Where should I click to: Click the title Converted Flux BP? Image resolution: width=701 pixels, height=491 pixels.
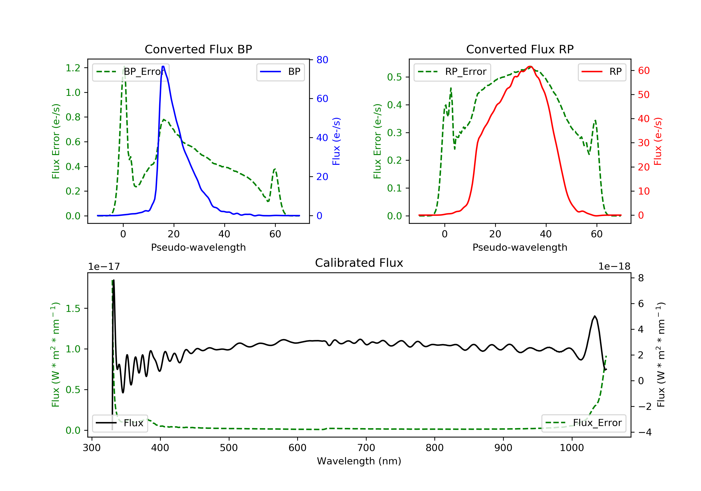click(198, 49)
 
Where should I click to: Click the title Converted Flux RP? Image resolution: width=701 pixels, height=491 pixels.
click(520, 49)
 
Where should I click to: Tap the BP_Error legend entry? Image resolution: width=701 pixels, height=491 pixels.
click(131, 72)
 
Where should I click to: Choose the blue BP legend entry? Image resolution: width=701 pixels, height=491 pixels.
click(280, 72)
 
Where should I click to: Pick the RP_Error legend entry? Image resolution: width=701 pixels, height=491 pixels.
click(452, 72)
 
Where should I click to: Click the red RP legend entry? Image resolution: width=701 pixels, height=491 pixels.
click(602, 72)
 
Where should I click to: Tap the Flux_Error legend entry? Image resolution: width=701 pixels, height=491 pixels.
click(583, 423)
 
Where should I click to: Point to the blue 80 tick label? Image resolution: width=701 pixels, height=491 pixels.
click(322, 60)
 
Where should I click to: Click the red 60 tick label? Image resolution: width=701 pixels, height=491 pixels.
click(644, 71)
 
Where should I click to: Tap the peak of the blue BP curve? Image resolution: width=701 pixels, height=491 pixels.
click(163, 66)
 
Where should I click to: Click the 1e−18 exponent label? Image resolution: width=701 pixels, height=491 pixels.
click(614, 267)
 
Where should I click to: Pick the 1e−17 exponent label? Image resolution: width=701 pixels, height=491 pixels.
click(104, 267)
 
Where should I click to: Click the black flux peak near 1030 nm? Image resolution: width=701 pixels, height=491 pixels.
click(594, 316)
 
